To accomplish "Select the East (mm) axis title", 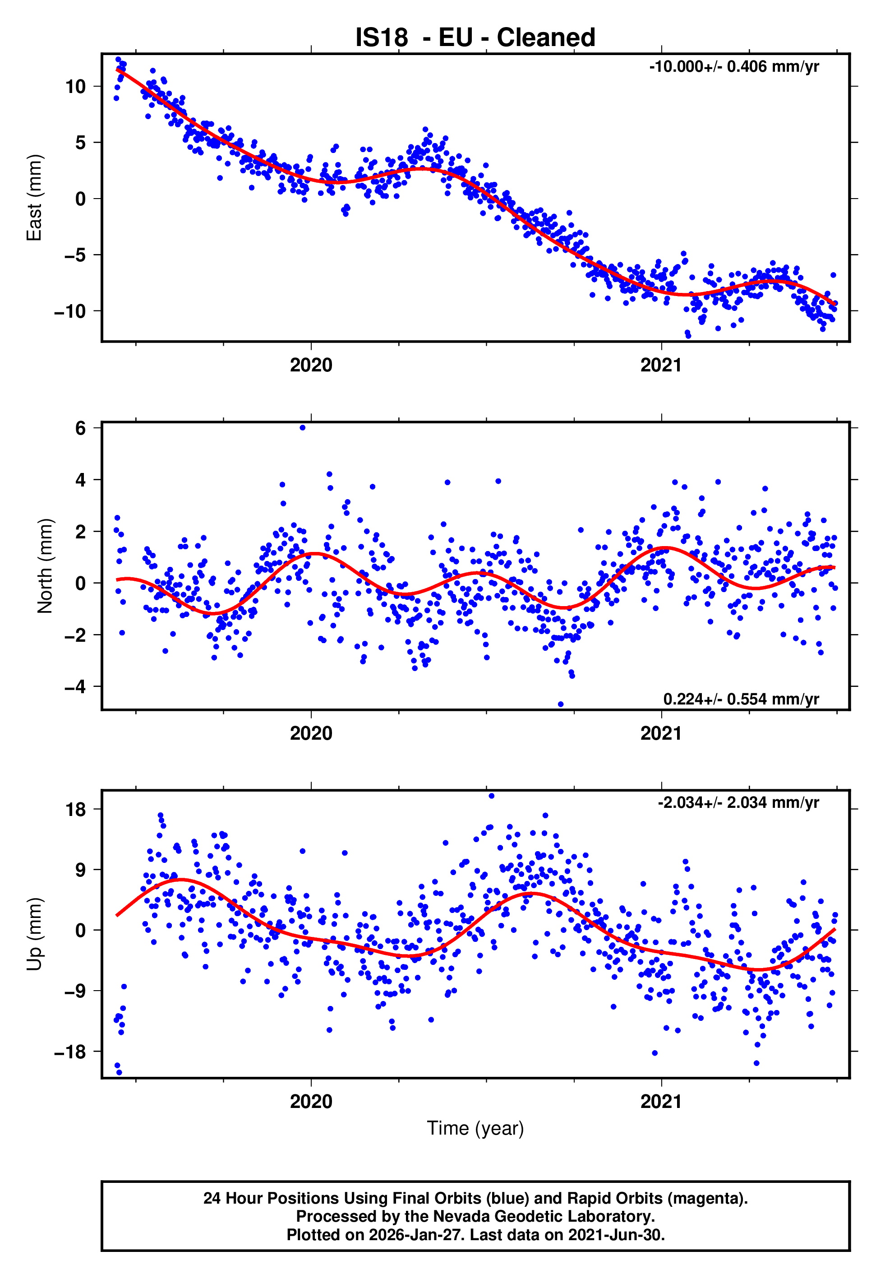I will point(34,198).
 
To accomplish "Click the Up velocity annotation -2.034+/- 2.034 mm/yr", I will point(738,802).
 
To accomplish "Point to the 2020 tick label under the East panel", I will point(311,366).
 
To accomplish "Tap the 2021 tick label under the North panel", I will point(661,733).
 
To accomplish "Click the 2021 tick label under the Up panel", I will point(661,1102).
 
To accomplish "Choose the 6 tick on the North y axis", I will point(81,428).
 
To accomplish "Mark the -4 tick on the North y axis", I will point(75,686).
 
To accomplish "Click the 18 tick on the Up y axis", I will point(75,809).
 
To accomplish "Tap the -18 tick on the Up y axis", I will point(69,1052).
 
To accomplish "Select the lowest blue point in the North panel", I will point(561,704).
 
